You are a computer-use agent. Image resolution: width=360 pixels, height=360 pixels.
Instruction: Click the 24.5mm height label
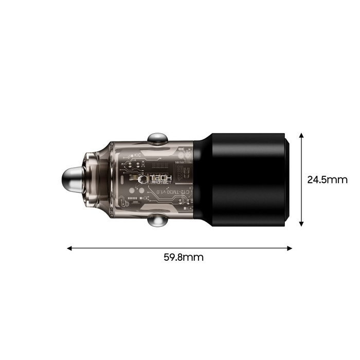[x=328, y=180]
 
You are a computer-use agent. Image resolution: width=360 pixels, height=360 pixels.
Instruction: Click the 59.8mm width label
[x=180, y=258]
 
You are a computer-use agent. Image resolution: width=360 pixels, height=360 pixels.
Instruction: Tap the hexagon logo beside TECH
[x=146, y=179]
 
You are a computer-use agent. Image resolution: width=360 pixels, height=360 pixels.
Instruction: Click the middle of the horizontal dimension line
[x=179, y=248]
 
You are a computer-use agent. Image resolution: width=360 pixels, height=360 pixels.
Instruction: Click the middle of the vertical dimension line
[x=301, y=179]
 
